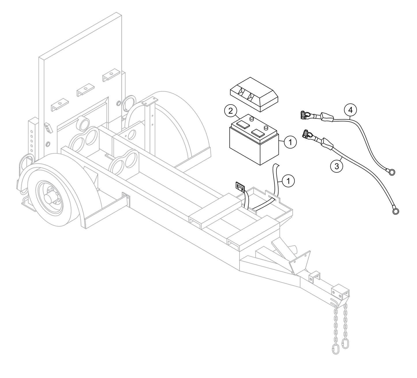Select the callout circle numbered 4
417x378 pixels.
click(350, 110)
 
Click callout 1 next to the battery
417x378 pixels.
click(290, 142)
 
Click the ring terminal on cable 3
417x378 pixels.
click(396, 212)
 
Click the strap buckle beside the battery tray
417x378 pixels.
click(240, 187)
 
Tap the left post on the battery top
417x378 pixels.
click(251, 118)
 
